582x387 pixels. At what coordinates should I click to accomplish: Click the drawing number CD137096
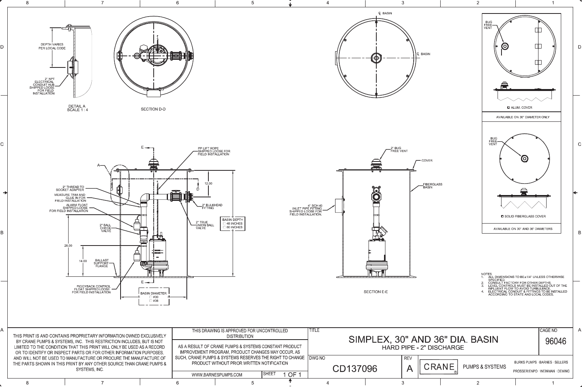click(x=355, y=369)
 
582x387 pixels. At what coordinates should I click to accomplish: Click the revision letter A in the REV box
click(x=409, y=368)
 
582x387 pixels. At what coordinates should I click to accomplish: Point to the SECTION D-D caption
click(x=153, y=109)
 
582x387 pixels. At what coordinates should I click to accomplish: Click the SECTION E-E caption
click(x=376, y=292)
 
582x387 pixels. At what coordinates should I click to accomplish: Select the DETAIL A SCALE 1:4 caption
click(x=77, y=108)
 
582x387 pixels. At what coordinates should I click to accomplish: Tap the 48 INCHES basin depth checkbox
click(x=225, y=224)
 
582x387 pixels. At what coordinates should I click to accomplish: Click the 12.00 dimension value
click(x=208, y=183)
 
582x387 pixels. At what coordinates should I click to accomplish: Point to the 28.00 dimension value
click(x=68, y=246)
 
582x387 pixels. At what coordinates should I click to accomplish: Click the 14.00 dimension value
click(x=83, y=261)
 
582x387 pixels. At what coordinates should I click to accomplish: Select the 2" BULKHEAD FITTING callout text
click(x=212, y=207)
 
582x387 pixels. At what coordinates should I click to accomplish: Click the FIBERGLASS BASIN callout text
click(x=433, y=186)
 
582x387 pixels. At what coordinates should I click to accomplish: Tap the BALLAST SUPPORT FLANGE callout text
click(x=101, y=263)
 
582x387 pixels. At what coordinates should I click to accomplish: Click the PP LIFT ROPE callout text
click(x=214, y=151)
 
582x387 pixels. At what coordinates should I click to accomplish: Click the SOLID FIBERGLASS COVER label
click(x=525, y=216)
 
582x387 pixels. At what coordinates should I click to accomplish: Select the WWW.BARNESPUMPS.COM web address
click(x=217, y=375)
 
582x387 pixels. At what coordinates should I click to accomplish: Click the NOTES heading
click(x=486, y=274)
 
